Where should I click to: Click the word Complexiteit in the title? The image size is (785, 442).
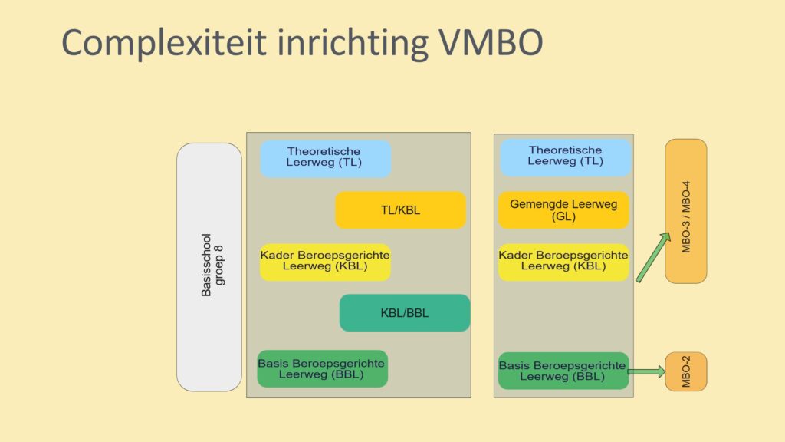(164, 43)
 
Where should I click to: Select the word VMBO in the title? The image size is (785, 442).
(491, 43)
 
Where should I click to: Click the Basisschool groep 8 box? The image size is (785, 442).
(209, 267)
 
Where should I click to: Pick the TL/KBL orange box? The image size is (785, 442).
(400, 210)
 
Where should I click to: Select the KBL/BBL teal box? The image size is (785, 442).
(405, 313)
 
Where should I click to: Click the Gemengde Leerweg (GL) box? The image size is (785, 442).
(563, 210)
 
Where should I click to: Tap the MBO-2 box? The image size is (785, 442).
(686, 371)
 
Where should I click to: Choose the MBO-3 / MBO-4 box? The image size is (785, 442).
(686, 212)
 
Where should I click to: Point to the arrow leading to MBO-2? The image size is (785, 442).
(646, 371)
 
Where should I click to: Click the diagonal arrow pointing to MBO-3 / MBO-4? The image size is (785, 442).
(653, 257)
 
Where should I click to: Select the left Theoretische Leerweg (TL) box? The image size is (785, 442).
(325, 159)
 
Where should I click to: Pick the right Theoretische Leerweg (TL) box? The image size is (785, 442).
(566, 157)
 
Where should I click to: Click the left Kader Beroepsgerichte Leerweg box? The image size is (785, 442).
(325, 262)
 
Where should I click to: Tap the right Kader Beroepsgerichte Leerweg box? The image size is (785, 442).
(563, 262)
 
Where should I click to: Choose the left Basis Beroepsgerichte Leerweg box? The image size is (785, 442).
(323, 369)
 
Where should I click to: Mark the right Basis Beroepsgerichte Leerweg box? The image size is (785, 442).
(563, 371)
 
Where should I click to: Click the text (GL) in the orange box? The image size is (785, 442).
(563, 216)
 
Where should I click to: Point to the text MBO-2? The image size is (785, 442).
(686, 371)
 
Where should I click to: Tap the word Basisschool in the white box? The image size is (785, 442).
(205, 265)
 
